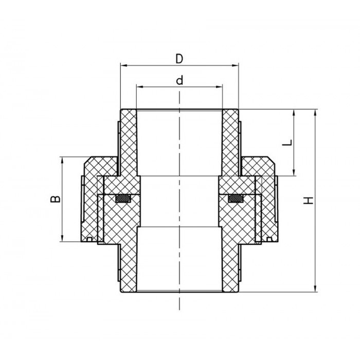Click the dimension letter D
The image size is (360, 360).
coord(179,58)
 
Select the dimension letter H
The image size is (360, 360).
coord(309,201)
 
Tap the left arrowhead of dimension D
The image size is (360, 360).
coord(123,65)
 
